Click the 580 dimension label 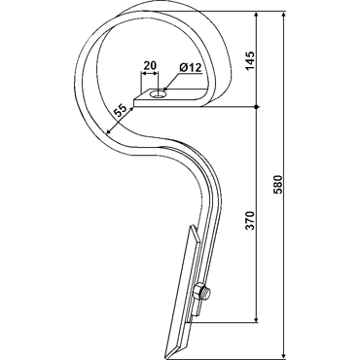278,184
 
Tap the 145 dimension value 250,60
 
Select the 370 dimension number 250,220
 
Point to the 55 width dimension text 120,111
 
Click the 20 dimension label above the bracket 150,65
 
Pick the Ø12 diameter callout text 191,68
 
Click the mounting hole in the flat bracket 159,94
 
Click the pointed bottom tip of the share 167,358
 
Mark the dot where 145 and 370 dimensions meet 256,107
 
